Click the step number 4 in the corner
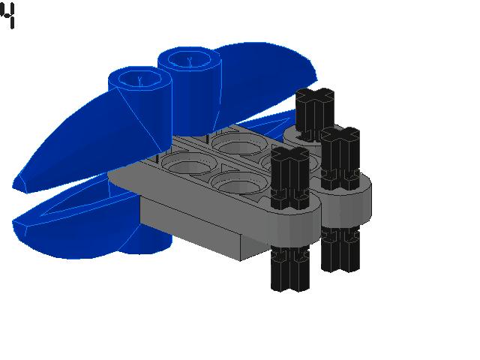pos(7,15)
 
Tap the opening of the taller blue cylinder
pos(190,59)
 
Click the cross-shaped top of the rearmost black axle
pos(315,95)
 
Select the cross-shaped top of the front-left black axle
pos(290,154)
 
